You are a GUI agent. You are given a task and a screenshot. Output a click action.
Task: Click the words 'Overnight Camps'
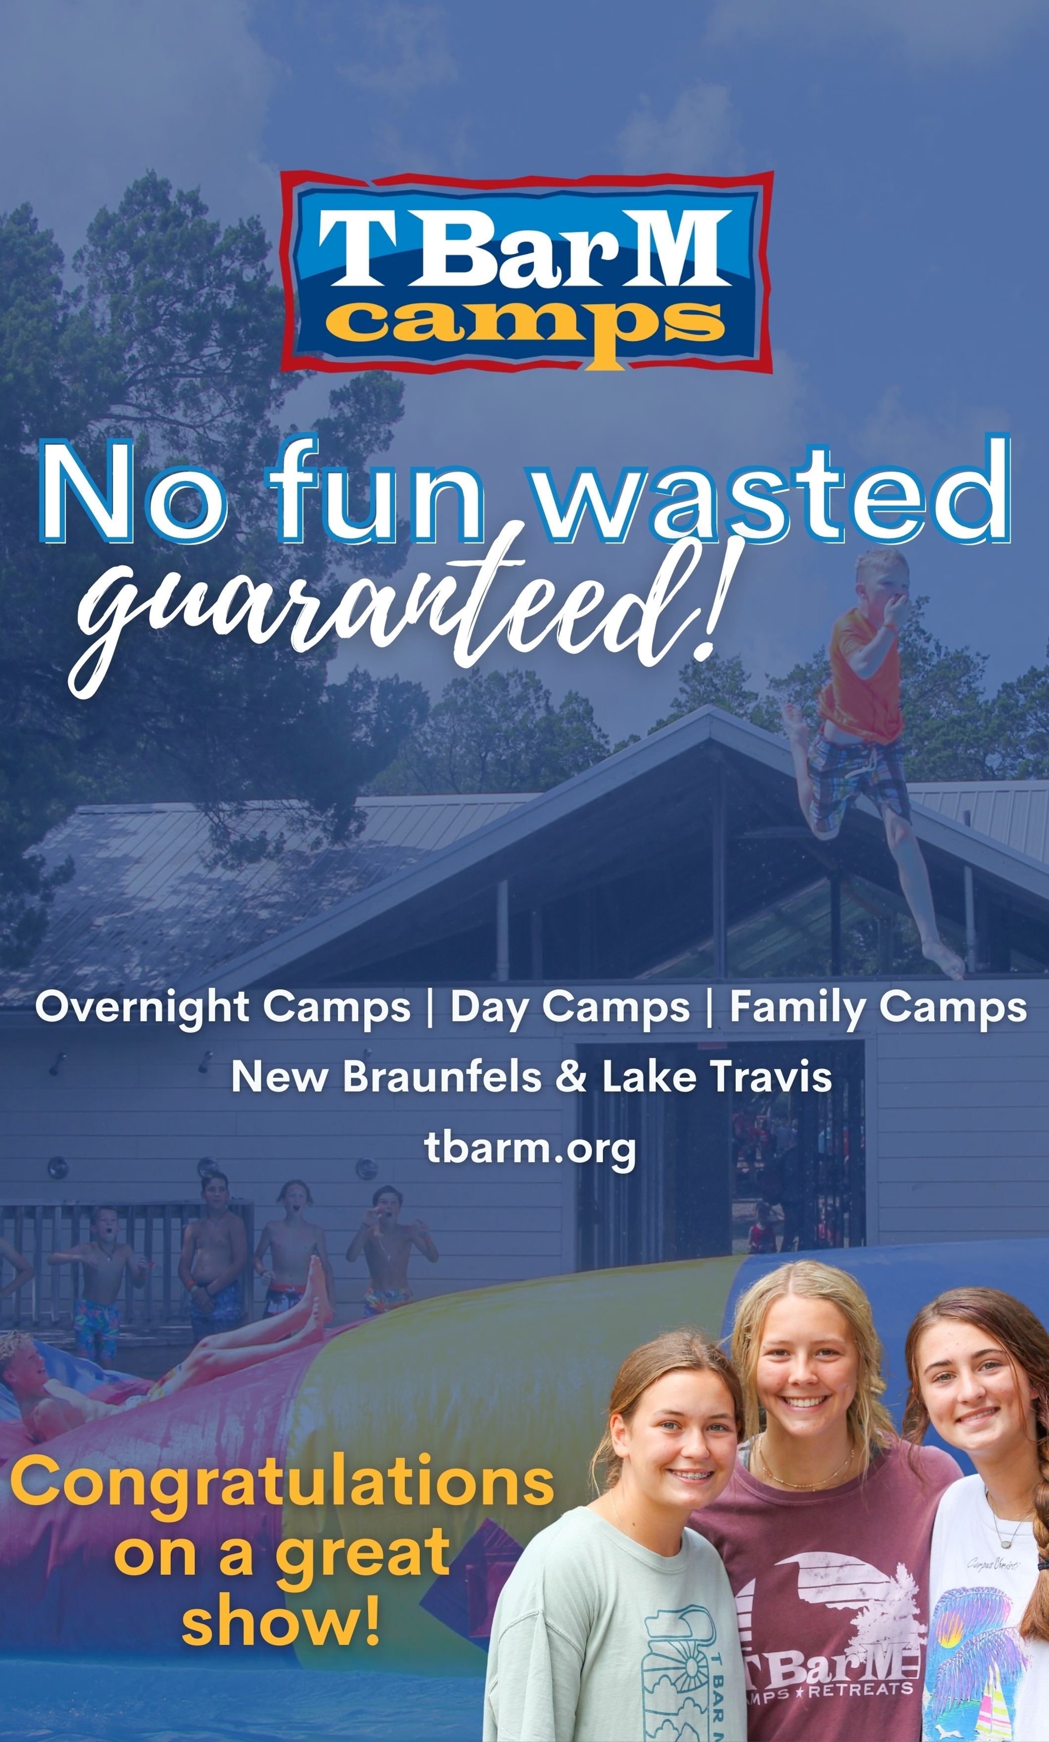point(223,1008)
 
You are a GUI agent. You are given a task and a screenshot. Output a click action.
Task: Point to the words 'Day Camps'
point(570,1008)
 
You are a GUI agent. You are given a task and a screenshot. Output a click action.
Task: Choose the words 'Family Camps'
point(878,1008)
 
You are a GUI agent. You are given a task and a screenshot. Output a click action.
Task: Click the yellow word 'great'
point(362,1564)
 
